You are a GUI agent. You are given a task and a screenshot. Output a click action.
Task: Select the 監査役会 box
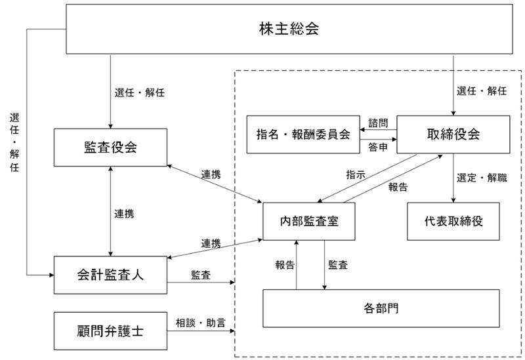coord(110,148)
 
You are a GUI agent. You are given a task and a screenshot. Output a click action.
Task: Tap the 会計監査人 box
coord(110,274)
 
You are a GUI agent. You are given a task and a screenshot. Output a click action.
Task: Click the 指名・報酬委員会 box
coord(303,134)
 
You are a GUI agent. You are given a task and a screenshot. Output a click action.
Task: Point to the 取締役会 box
coord(453,134)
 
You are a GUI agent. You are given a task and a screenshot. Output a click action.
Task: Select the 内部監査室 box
coord(309,221)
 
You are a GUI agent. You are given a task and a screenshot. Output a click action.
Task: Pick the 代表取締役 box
coord(453,221)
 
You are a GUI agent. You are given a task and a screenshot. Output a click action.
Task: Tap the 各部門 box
coord(381,307)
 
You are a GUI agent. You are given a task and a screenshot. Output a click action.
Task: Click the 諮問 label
coord(378,123)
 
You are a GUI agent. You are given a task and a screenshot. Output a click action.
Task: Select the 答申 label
coord(378,147)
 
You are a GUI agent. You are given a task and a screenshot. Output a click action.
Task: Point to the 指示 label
coord(356,174)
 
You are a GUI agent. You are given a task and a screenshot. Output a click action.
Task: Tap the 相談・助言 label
coord(199,323)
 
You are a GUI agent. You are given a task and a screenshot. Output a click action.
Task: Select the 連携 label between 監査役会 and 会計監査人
coord(125,213)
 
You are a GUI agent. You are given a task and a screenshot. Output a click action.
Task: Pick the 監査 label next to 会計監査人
coord(201,275)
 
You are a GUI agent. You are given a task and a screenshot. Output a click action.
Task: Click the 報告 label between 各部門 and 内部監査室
coord(285,265)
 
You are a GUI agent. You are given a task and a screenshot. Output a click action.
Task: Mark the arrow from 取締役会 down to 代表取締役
coord(453,178)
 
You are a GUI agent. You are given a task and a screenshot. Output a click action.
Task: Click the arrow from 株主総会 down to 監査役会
coord(110,92)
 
